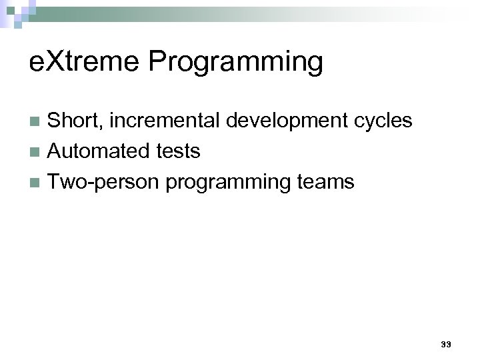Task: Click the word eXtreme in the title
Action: pos(86,62)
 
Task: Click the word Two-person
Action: pos(105,182)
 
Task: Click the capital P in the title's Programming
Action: pos(157,62)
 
